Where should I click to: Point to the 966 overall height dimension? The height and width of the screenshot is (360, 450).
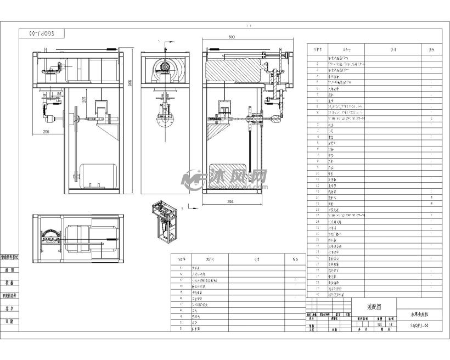130,82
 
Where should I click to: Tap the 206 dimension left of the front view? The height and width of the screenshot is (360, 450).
46,132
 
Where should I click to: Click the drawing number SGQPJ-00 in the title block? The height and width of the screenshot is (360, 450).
421,325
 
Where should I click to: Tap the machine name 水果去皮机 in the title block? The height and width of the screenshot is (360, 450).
421,316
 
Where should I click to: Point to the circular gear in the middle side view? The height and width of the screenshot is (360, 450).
165,68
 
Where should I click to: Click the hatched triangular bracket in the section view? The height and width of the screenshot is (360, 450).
219,132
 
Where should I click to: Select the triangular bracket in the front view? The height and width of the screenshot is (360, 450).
108,130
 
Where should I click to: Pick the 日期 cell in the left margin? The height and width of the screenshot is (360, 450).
10,322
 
